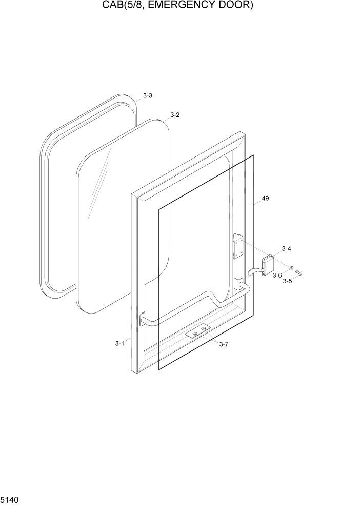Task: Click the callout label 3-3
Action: pos(148,96)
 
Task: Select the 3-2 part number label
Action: pos(175,115)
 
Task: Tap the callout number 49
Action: pos(265,198)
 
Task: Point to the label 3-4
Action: pos(286,249)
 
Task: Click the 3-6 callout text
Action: pos(277,276)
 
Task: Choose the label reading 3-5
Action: pos(288,281)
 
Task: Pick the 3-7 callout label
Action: pos(224,344)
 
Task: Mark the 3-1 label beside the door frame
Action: pos(119,343)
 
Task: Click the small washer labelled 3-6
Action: pos(291,268)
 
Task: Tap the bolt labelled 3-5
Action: pos(299,272)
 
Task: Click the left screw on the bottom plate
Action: pos(195,334)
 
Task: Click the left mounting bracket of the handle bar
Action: pos(143,319)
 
